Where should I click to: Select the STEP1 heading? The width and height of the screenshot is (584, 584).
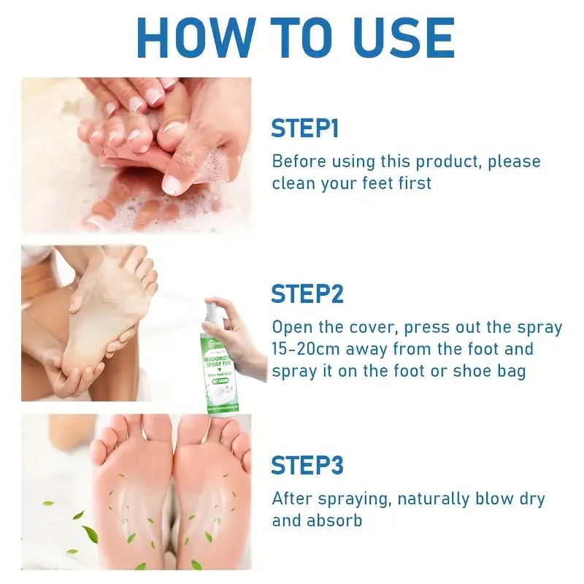304,128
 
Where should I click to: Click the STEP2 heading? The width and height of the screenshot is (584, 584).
307,294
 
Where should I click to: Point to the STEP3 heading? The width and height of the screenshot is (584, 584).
307,465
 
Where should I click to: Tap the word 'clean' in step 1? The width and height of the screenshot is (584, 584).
295,183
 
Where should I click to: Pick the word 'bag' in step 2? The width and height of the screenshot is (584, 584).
510,371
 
